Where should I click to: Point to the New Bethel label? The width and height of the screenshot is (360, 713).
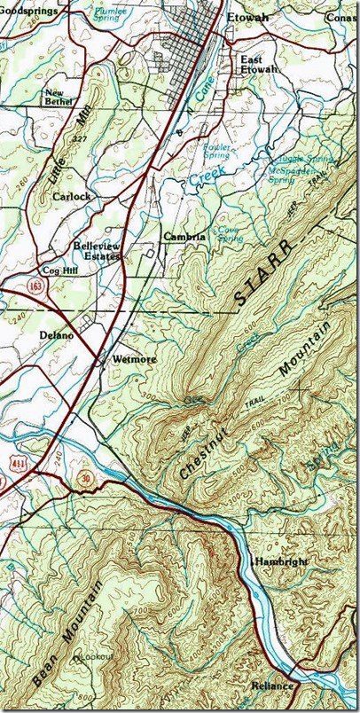(63, 98)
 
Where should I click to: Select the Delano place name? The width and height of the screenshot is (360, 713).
(56, 336)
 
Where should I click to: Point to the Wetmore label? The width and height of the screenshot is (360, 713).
(135, 359)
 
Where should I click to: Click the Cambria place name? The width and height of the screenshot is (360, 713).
(184, 237)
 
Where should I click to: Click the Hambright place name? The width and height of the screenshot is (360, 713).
(279, 562)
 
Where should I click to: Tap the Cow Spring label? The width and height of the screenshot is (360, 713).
(230, 233)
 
